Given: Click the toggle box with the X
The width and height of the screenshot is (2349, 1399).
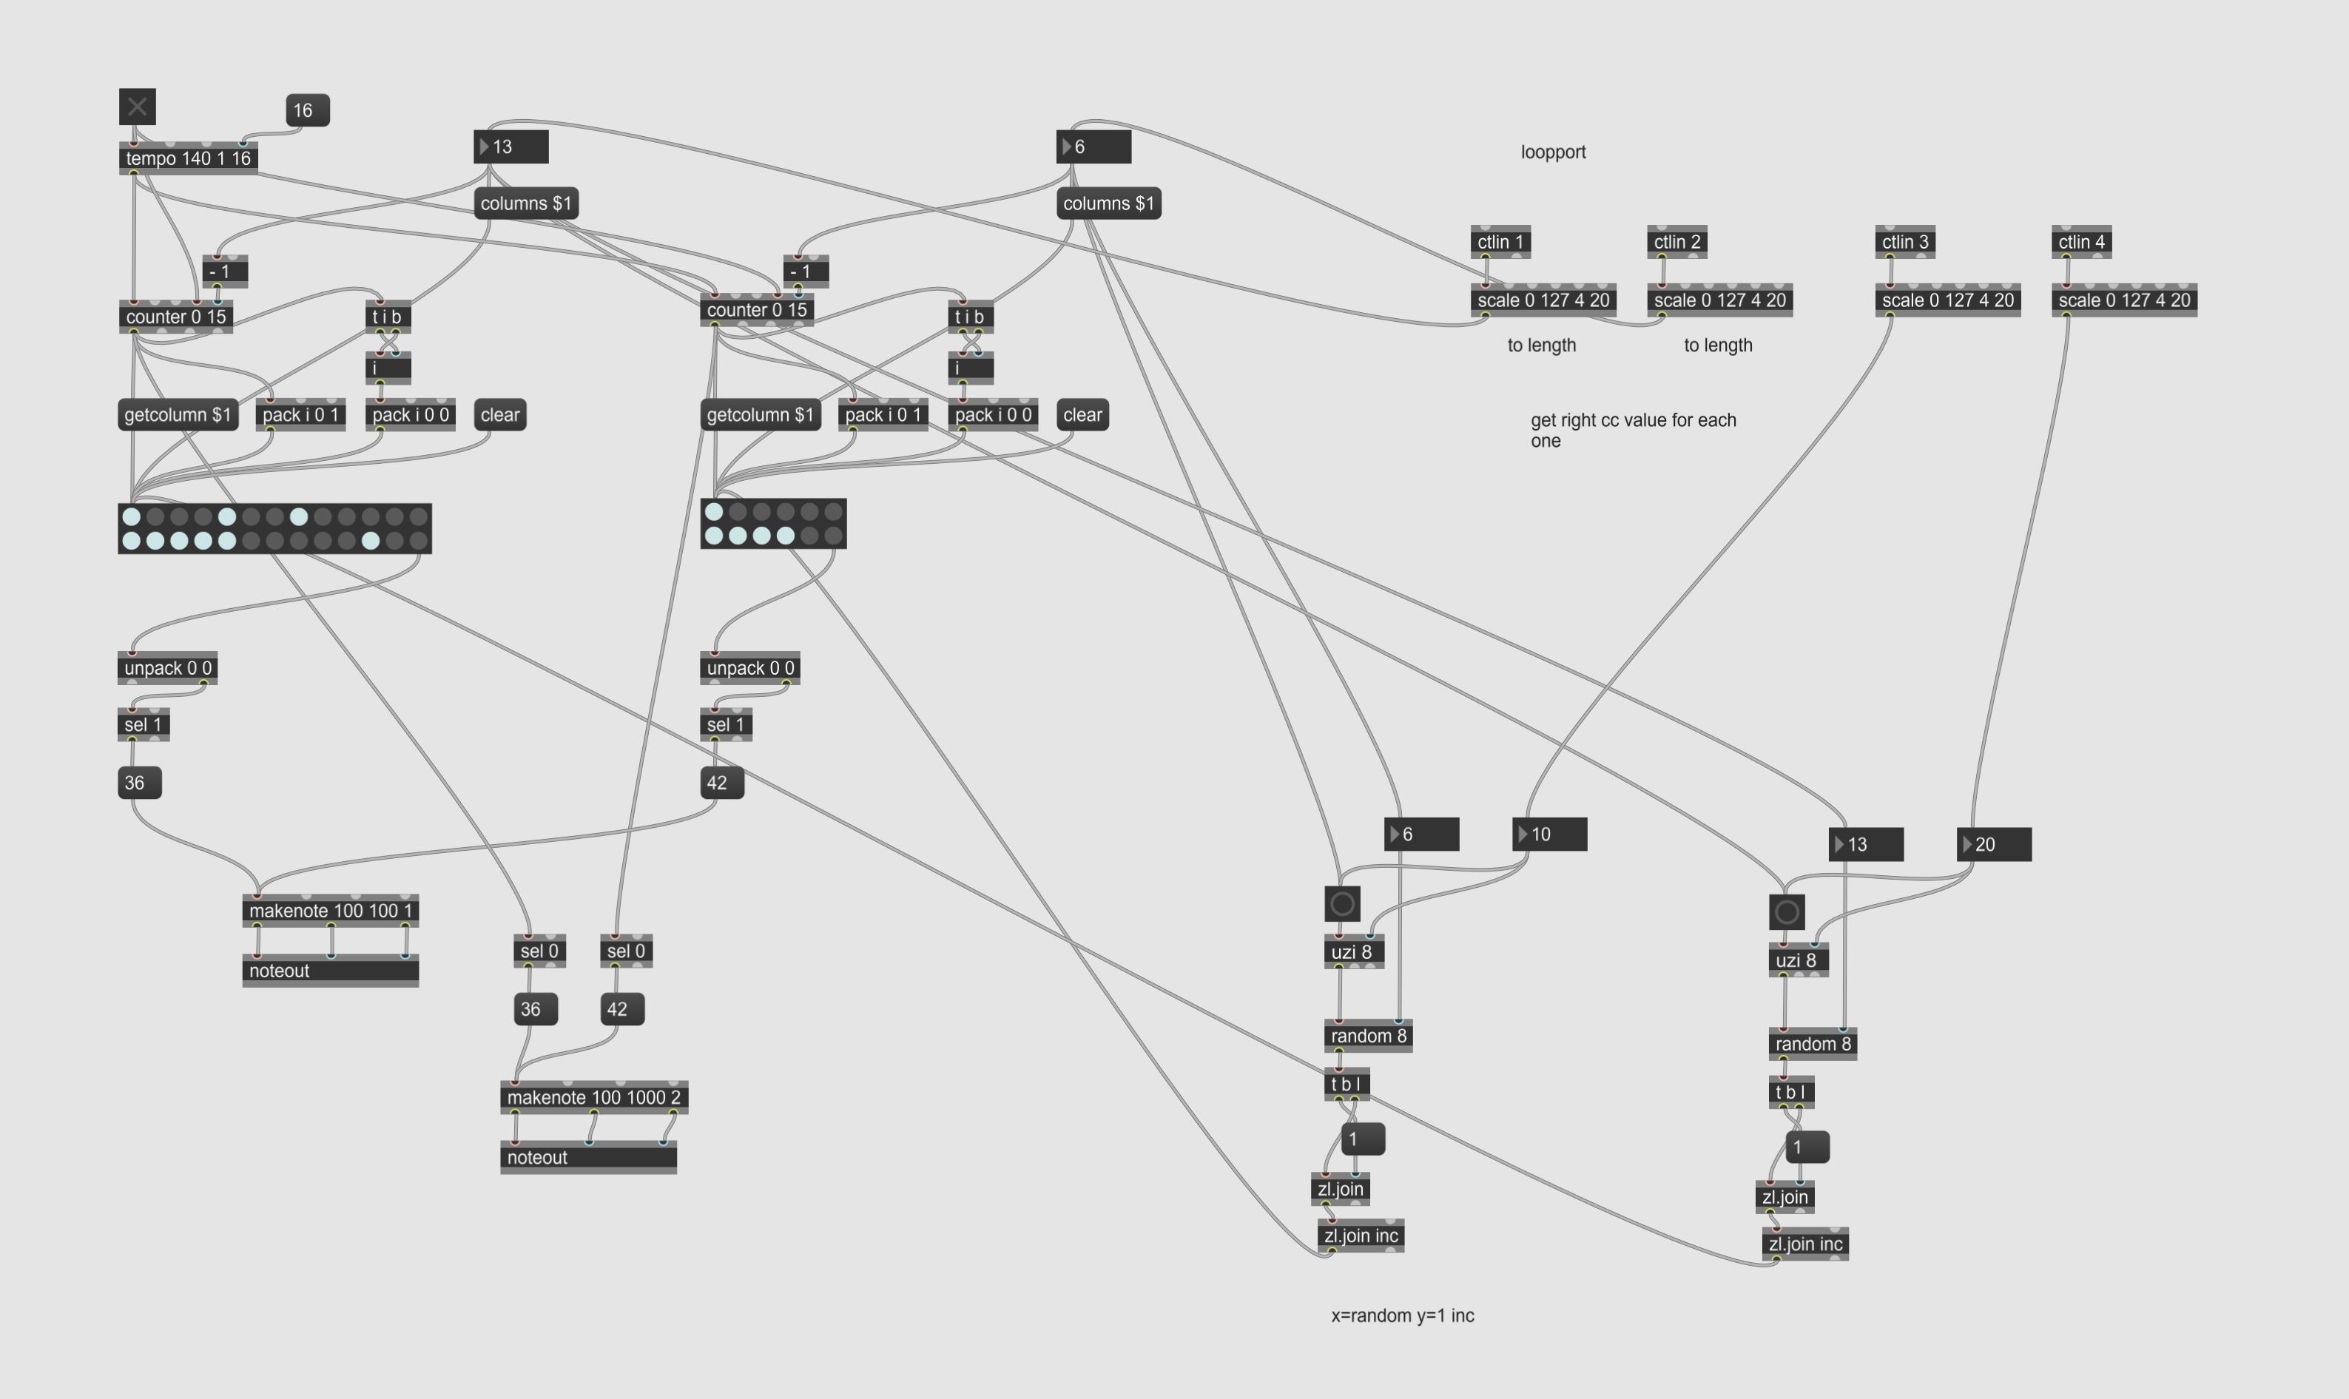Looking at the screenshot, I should pos(137,107).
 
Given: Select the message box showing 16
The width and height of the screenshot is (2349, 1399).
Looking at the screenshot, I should pos(307,110).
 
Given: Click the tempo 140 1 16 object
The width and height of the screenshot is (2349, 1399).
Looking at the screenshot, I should pos(189,158).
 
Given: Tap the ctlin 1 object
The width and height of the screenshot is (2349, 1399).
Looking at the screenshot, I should pos(1500,242).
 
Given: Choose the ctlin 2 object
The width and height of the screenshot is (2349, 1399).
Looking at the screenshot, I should pos(1676,242).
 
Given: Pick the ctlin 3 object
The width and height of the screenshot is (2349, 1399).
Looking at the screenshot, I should pos(1905,242).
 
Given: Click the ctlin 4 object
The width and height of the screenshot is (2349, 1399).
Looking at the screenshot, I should pos(2081,242).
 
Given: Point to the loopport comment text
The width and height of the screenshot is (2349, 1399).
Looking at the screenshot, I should pos(1552,152).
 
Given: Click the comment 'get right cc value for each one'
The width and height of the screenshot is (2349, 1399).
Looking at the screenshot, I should pos(1633,430).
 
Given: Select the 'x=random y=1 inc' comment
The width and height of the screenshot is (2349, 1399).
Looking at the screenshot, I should pos(1402,1315).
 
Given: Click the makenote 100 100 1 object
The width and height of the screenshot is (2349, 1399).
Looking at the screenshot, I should pos(330,911).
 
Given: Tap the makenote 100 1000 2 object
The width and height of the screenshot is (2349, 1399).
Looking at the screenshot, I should pos(594,1097).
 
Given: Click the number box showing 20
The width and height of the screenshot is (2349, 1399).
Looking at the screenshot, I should pos(1994,845).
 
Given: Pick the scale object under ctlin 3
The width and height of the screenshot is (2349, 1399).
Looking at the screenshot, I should pos(1947,300).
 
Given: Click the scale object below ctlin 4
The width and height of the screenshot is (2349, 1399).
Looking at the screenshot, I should pos(2123,300).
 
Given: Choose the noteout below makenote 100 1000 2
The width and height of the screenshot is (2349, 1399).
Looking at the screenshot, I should pos(588,1158).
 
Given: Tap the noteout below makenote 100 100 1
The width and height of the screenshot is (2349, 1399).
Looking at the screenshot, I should pos(330,971).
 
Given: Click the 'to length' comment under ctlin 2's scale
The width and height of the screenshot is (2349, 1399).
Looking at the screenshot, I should pos(1717,345).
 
